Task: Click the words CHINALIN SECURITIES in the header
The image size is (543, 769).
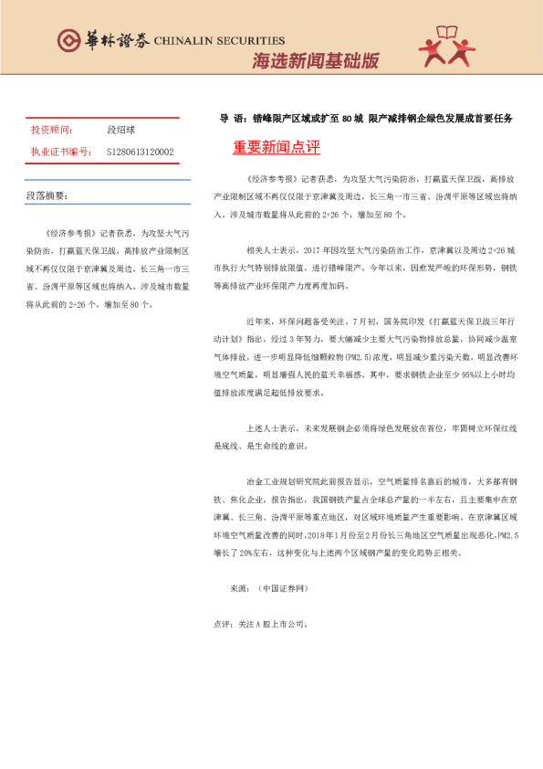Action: (220, 41)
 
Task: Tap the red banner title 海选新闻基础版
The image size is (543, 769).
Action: (315, 61)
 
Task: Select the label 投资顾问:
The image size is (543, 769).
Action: (50, 131)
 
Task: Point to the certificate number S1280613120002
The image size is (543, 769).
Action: (140, 152)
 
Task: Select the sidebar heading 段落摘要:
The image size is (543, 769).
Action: (47, 195)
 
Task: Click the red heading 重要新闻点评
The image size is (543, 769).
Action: (277, 147)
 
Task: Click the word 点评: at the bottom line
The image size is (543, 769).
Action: (223, 626)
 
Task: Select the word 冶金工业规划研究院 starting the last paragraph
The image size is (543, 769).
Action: (277, 479)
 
